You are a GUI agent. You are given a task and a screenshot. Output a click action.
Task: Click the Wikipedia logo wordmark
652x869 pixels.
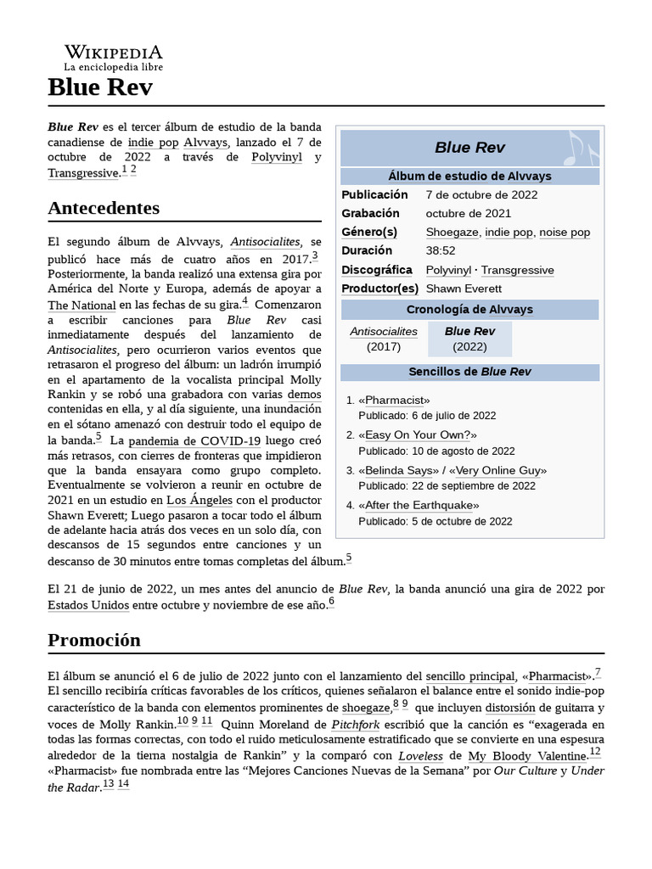point(113,53)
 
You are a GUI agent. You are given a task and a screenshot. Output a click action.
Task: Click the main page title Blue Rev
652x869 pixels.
point(100,87)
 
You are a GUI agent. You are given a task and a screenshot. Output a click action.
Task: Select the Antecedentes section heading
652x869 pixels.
point(104,208)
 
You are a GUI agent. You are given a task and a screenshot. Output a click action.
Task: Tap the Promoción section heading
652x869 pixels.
point(94,640)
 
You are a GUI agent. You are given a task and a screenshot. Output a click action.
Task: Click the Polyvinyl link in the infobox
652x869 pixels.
point(449,270)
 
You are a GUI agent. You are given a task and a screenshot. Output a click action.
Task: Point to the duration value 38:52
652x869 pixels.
point(441,251)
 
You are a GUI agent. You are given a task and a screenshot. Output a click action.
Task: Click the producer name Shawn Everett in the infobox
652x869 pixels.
point(463,289)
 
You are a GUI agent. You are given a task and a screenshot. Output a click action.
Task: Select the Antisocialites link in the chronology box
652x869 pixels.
point(384,331)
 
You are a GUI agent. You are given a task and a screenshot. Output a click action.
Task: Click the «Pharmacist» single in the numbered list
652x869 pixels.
point(394,400)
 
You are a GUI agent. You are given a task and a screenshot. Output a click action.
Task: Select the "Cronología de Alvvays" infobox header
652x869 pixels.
point(469,309)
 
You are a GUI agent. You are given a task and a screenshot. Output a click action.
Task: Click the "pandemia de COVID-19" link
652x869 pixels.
point(194,441)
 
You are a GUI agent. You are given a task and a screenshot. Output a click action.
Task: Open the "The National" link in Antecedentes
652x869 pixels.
point(81,306)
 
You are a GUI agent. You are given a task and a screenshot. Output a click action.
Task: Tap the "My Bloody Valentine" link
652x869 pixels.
point(527,755)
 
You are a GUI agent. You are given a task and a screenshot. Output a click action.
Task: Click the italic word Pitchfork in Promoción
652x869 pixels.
point(355,726)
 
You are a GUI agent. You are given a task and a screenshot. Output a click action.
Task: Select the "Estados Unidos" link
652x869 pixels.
point(88,605)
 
